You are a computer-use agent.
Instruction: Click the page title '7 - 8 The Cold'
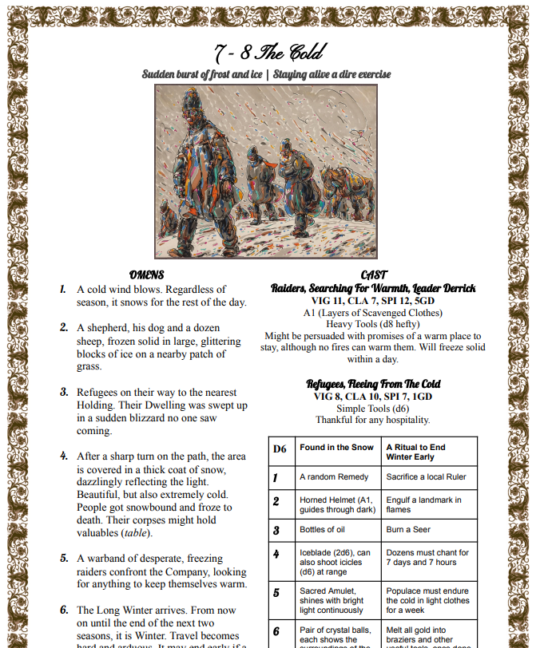pos(268,53)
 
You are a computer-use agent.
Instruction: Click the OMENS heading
pos(146,275)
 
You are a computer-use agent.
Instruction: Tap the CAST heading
pos(374,275)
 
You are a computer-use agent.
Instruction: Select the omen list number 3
pos(64,393)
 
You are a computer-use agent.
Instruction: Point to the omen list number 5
pos(64,559)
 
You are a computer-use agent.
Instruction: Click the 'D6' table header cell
pos(280,448)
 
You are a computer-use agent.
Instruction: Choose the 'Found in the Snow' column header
pos(336,448)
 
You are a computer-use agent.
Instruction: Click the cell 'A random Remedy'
pos(334,476)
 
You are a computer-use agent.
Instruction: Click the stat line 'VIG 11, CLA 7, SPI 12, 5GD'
pos(374,301)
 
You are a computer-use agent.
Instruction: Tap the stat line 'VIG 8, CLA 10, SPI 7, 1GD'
pos(374,397)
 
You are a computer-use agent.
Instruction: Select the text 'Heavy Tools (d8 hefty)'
pos(374,324)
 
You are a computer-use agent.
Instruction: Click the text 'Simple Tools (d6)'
pos(374,408)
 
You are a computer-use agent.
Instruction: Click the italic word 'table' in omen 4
pos(136,533)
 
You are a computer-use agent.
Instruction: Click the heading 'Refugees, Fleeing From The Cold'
pos(374,384)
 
